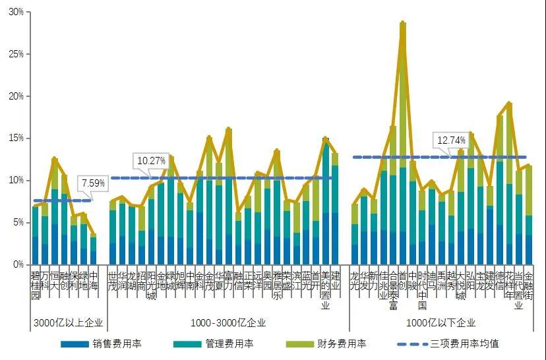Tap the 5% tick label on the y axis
point(16,222)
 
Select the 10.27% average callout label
point(150,160)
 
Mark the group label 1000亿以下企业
point(441,322)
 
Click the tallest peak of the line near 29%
point(403,22)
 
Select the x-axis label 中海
point(93,280)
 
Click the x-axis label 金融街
point(528,285)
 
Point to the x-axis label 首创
point(402,280)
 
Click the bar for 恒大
point(55,211)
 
